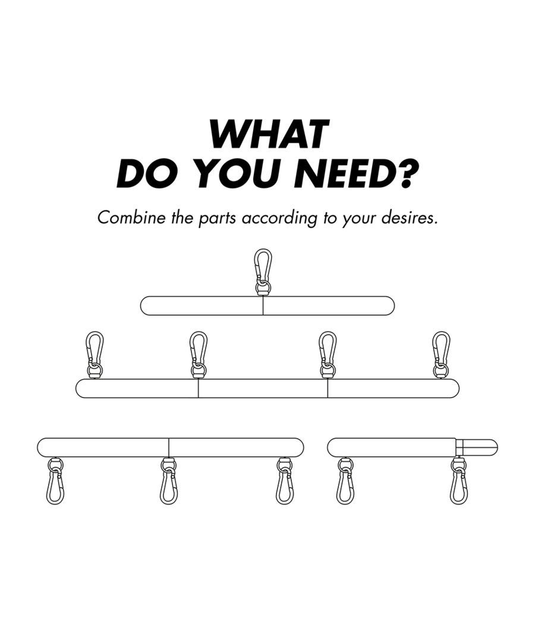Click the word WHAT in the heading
click(269, 134)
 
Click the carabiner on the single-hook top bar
click(263, 270)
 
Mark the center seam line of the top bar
click(263, 305)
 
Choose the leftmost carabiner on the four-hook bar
click(95, 353)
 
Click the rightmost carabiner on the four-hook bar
click(440, 353)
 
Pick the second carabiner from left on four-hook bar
click(199, 353)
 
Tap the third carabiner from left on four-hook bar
click(328, 353)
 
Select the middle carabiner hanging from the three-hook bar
click(169, 483)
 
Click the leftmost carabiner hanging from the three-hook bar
click(55, 483)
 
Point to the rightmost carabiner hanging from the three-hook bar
click(285, 483)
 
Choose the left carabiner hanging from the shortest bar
click(345, 483)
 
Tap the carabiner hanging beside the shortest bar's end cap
click(458, 483)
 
